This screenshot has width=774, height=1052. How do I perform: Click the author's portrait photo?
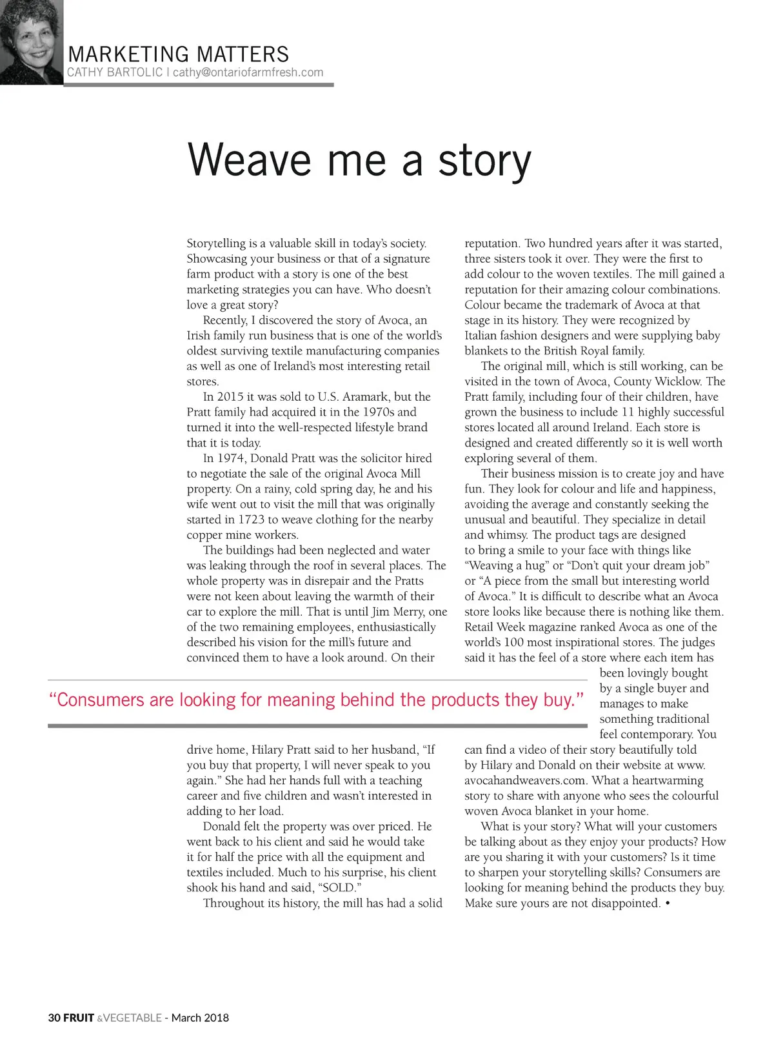pos(31,42)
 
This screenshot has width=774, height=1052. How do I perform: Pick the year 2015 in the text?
pos(230,397)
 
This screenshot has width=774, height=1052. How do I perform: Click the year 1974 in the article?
pos(230,458)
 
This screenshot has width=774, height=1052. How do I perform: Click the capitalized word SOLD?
pos(338,887)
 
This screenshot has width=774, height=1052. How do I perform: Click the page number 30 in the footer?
pos(54,1018)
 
